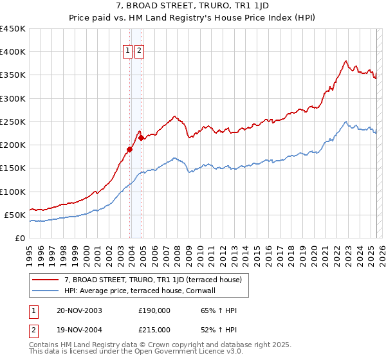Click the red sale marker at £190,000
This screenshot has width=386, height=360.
point(129,150)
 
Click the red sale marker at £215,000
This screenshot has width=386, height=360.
point(140,138)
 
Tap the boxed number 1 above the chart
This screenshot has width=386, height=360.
point(127,51)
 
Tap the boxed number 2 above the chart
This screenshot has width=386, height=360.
point(139,51)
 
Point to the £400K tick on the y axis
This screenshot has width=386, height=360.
point(12,52)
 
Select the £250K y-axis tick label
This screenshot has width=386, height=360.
point(12,122)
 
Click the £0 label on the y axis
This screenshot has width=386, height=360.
point(19,238)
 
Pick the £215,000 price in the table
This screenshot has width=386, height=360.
point(154,330)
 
